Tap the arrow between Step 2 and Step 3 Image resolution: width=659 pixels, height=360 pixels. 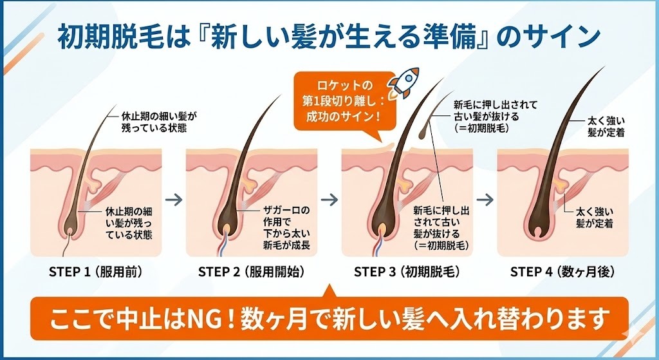click(329, 199)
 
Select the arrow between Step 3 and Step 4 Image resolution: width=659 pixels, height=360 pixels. click(484, 199)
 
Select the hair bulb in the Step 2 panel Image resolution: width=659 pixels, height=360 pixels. click(229, 227)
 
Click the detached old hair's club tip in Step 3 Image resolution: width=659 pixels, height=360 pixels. click(421, 133)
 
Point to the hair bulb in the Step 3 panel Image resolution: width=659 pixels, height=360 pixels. click(384, 227)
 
